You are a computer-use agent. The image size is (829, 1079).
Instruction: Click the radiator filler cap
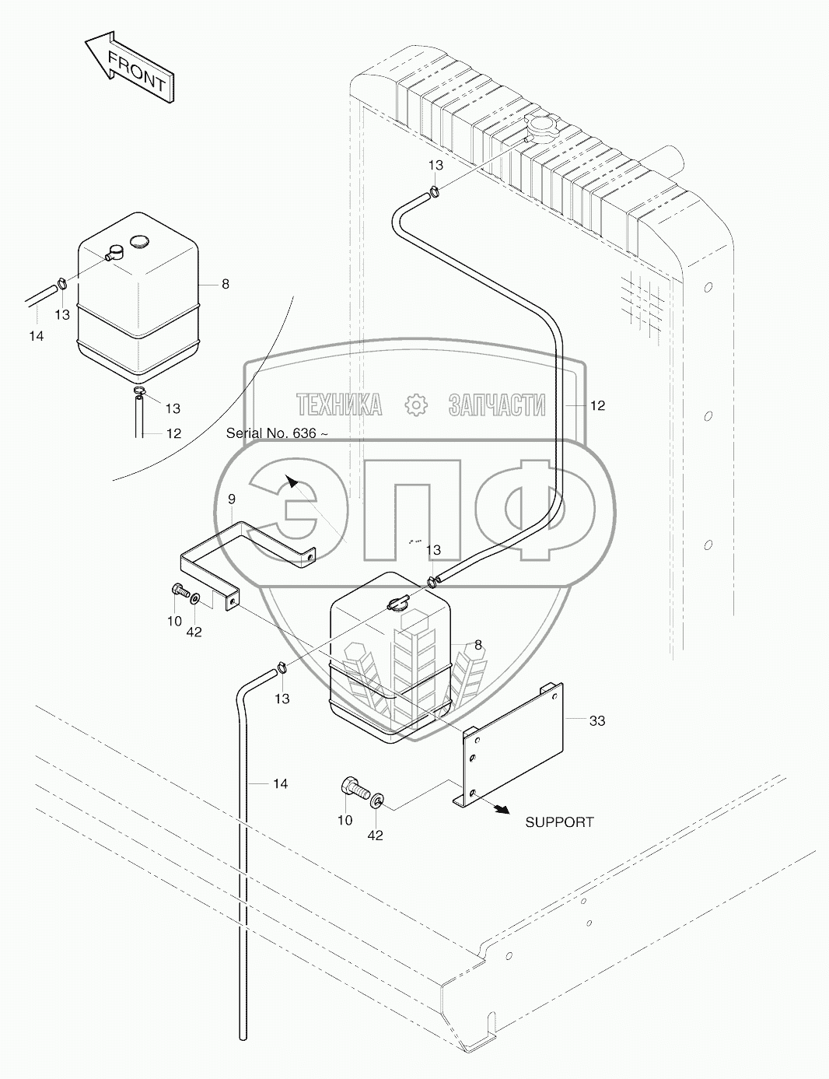point(540,127)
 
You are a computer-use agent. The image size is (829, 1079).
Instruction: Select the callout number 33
point(596,721)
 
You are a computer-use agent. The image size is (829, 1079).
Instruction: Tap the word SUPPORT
point(559,822)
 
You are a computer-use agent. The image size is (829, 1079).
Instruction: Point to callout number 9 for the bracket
point(231,499)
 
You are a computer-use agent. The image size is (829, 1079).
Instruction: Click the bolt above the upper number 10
point(180,592)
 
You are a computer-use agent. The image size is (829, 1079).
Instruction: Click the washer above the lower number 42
point(377,800)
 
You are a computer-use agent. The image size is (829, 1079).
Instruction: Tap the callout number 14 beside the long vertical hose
point(280,784)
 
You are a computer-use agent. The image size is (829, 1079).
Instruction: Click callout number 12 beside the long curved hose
point(597,405)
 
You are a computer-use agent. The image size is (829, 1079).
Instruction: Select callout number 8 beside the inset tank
point(225,285)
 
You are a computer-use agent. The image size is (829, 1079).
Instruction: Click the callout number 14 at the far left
point(36,336)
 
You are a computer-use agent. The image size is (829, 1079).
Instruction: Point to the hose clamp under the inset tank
point(139,391)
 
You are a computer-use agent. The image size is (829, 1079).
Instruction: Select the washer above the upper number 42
point(194,599)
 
